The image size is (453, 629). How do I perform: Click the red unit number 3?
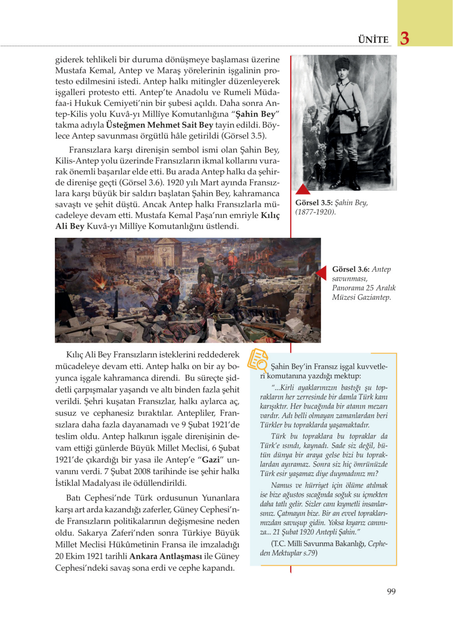[x=405, y=39]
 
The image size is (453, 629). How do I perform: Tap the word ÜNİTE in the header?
[x=373, y=40]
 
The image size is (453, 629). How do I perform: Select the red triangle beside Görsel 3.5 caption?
[x=303, y=189]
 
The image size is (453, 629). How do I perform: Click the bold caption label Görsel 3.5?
[x=314, y=203]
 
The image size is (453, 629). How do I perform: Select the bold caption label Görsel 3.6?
[x=351, y=269]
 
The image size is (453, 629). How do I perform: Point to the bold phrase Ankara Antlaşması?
[x=166, y=556]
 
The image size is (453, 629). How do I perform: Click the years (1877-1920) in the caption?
[x=315, y=212]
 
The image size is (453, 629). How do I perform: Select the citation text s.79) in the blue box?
[x=308, y=553]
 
